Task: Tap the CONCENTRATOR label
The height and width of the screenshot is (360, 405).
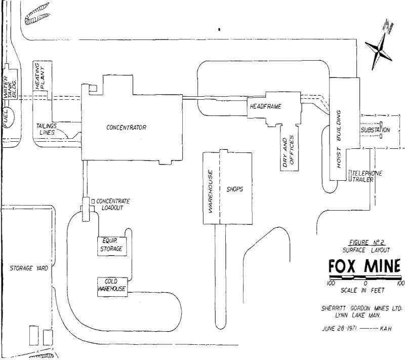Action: point(126,128)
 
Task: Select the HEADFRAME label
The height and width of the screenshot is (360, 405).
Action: point(265,106)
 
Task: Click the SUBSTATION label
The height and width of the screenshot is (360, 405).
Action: point(375,131)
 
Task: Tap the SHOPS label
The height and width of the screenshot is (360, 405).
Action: point(236,189)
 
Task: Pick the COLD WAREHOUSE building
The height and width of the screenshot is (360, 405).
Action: point(111,285)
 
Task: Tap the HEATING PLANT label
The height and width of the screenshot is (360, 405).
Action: point(40,76)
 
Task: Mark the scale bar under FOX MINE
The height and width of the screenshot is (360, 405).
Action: point(364,278)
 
